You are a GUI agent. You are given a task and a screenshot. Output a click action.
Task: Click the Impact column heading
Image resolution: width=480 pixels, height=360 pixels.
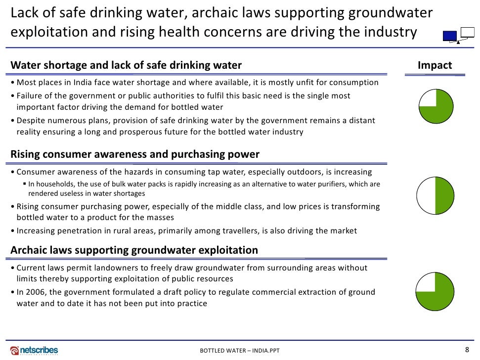[435, 65]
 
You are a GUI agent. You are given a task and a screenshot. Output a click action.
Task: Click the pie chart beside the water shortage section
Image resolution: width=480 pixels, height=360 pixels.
[436, 106]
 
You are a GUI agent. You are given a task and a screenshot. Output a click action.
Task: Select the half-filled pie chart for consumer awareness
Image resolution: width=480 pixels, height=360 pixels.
[435, 196]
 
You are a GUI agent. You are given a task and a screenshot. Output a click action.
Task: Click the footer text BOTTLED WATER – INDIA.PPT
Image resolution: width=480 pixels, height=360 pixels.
[240, 351]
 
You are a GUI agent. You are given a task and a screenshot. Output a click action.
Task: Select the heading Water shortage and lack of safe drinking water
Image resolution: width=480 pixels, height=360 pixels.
[126, 65]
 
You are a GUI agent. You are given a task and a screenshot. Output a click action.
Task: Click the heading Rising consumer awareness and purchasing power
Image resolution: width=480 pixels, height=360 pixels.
[135, 154]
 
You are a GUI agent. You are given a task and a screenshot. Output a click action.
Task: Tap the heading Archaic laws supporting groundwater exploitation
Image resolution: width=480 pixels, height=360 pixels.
[134, 250]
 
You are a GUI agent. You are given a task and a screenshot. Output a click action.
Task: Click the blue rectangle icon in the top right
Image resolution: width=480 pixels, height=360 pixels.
[450, 36]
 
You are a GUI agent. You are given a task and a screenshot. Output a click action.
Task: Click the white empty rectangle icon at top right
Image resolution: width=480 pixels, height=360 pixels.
[467, 32]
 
